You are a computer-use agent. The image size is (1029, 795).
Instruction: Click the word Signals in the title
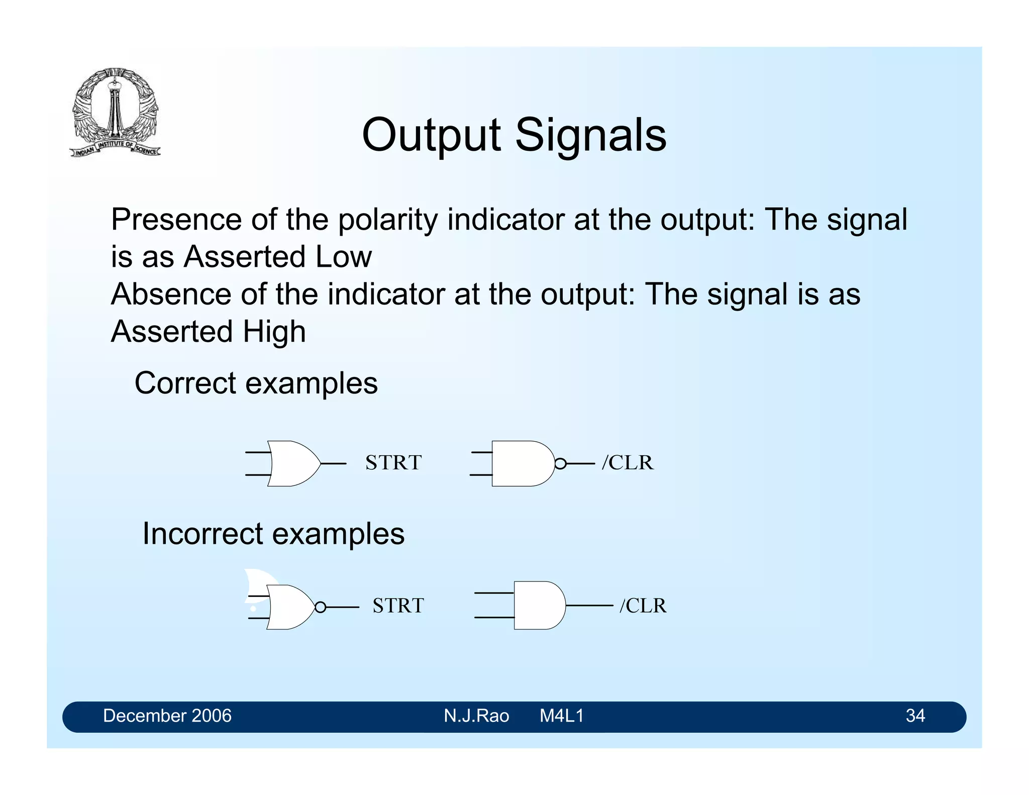coord(591,135)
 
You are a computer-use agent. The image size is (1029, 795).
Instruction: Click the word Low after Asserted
coord(344,257)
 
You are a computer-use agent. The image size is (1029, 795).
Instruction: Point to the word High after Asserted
coord(274,332)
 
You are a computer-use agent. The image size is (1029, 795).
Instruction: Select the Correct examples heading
coord(256,383)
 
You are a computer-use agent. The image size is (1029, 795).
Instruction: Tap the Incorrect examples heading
coord(273,534)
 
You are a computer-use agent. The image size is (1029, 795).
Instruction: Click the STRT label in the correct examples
coord(393,463)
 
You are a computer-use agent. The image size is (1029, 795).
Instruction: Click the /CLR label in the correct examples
coord(628,463)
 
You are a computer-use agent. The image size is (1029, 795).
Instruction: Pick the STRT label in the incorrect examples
coord(398,606)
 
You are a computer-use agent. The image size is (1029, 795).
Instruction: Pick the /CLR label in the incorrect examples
coord(643,606)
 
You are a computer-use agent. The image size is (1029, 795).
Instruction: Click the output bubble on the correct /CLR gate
coord(560,463)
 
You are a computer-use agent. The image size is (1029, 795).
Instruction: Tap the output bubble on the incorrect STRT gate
coord(320,608)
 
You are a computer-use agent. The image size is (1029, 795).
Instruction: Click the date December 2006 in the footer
coord(167,716)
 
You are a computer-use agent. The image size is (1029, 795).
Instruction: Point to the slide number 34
coord(915,716)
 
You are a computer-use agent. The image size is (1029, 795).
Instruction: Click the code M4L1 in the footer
coord(561,716)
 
